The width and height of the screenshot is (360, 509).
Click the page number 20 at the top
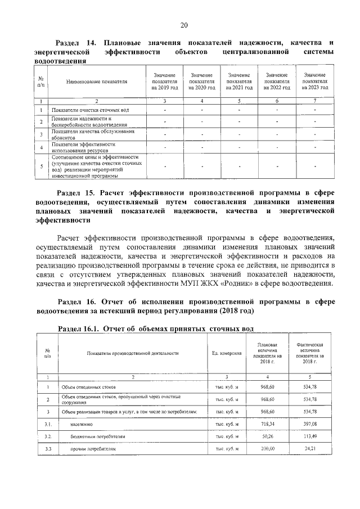183,25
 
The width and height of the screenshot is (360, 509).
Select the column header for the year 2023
314,82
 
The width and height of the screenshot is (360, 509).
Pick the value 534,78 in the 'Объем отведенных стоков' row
310,388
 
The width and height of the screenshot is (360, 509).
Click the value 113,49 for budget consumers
310,436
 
